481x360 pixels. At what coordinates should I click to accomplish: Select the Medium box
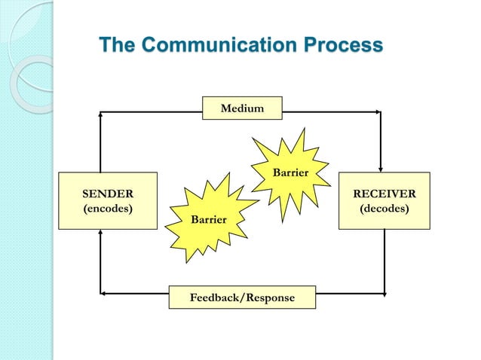pyautogui.click(x=242, y=108)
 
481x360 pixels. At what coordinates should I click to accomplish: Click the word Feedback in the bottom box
pyautogui.click(x=213, y=298)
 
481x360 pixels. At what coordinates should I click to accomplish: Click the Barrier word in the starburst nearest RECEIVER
pyautogui.click(x=290, y=173)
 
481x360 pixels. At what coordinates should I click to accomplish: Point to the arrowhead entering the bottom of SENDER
pyautogui.click(x=100, y=233)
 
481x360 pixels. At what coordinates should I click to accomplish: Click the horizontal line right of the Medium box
pyautogui.click(x=332, y=111)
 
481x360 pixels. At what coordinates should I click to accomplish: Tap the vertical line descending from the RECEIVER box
pyautogui.click(x=384, y=260)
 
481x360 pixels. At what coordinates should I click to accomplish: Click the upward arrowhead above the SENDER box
pyautogui.click(x=100, y=116)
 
